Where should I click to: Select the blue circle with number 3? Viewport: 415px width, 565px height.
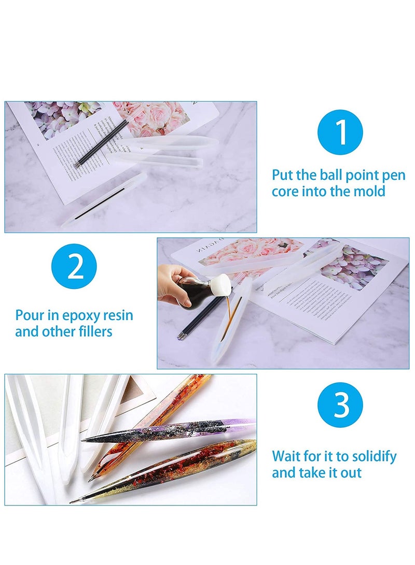pyautogui.click(x=340, y=404)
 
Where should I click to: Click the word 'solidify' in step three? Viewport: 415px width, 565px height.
pyautogui.click(x=371, y=456)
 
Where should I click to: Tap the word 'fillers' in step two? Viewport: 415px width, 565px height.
pyautogui.click(x=94, y=331)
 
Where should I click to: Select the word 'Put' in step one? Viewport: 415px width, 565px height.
pyautogui.click(x=283, y=175)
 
